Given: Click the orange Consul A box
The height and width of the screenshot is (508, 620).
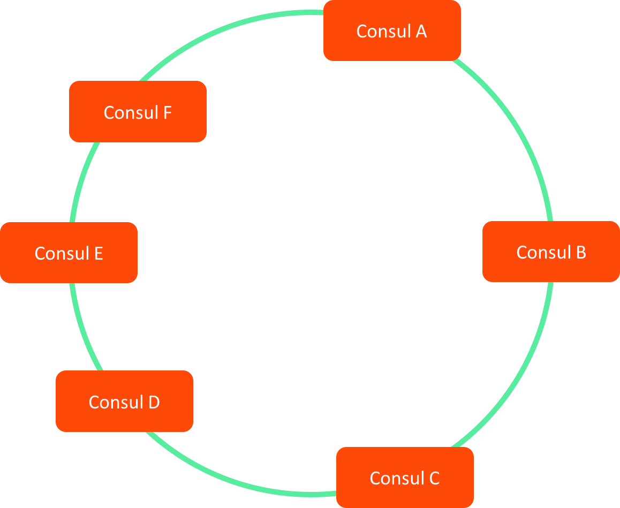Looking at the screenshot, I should click(x=392, y=31).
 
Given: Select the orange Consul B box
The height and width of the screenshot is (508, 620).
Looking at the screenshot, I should click(x=551, y=252).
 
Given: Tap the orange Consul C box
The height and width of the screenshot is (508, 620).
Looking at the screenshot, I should click(x=405, y=477).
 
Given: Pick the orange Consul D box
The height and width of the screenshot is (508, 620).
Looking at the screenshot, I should click(x=124, y=401).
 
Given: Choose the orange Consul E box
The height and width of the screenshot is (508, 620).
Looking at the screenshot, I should click(x=69, y=253).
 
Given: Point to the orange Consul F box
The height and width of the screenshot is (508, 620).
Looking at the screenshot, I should click(x=138, y=112).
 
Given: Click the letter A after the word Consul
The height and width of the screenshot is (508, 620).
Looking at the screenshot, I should click(x=421, y=32).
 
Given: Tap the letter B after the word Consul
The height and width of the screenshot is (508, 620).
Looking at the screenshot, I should click(x=580, y=252).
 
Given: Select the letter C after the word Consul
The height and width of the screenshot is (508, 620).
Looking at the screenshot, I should click(x=434, y=478).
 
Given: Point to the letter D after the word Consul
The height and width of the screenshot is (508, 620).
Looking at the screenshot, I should click(x=154, y=402).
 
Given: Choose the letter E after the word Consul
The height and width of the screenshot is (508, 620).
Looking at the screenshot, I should click(x=98, y=253).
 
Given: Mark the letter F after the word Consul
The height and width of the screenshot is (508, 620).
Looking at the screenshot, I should click(x=167, y=113).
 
